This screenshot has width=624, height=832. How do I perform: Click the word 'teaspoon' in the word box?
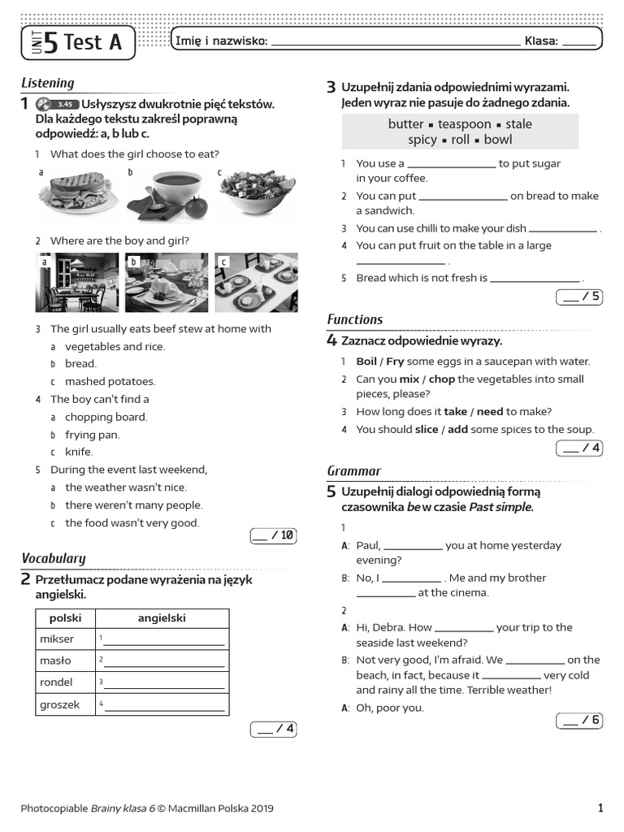pyautogui.click(x=464, y=124)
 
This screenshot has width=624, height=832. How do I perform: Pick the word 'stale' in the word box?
pyautogui.click(x=518, y=124)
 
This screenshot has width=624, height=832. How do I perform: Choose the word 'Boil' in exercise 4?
pyautogui.click(x=366, y=362)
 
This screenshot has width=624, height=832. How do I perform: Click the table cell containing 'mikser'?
pyautogui.click(x=65, y=639)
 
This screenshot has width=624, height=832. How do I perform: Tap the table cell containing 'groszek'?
pyautogui.click(x=65, y=704)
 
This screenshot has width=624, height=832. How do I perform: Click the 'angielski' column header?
pyautogui.click(x=162, y=618)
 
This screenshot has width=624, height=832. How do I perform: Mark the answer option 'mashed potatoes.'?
pyautogui.click(x=110, y=381)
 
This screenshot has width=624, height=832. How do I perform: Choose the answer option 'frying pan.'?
pyautogui.click(x=92, y=435)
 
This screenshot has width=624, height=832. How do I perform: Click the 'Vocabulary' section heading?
pyautogui.click(x=53, y=558)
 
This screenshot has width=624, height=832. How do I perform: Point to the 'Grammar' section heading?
pyautogui.click(x=353, y=471)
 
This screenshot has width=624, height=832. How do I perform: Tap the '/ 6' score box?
pyautogui.click(x=579, y=720)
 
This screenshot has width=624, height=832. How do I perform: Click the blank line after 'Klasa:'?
pyautogui.click(x=578, y=42)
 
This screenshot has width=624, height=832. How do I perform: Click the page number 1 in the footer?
pyautogui.click(x=600, y=808)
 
